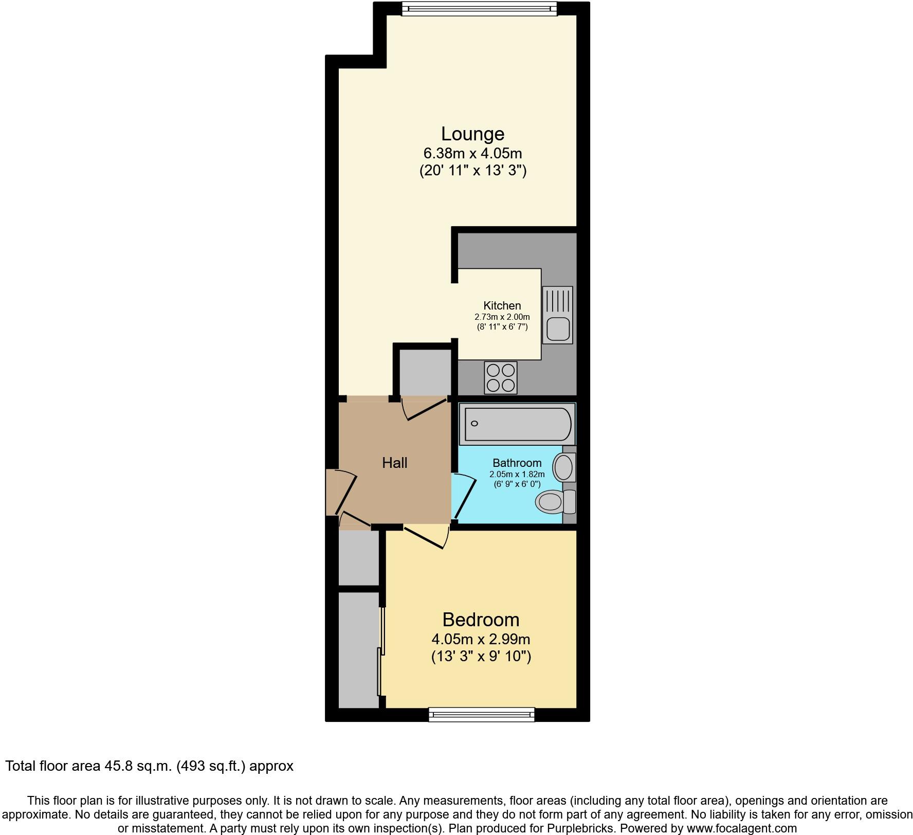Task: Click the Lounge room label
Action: tap(472, 134)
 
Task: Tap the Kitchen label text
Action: tap(502, 305)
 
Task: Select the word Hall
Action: tap(394, 463)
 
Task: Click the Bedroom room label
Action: tap(481, 620)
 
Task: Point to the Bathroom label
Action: tap(517, 463)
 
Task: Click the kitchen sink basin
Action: tap(558, 329)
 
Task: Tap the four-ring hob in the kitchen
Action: tap(500, 378)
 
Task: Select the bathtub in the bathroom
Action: tap(517, 424)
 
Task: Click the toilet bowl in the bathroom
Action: tap(549, 501)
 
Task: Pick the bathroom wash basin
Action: tap(563, 467)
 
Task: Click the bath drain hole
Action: tap(474, 424)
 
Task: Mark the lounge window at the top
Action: tap(479, 8)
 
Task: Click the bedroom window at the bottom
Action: tap(482, 714)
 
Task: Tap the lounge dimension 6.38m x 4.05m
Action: tap(472, 153)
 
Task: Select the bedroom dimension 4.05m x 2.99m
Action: tap(481, 639)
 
